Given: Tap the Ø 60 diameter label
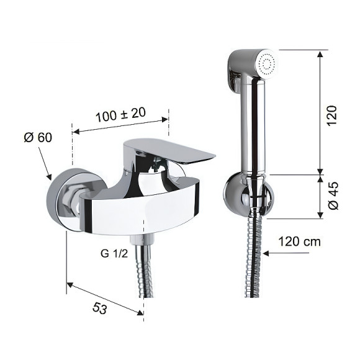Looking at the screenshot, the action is tap(38, 137).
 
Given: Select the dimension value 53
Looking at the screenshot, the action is tap(100, 308).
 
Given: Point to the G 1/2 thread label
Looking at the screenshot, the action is tap(114, 254).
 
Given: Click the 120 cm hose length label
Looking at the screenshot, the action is tap(299, 241).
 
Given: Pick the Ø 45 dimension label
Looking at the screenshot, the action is tap(333, 196).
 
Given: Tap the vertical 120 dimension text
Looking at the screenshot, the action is tap(332, 115).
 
